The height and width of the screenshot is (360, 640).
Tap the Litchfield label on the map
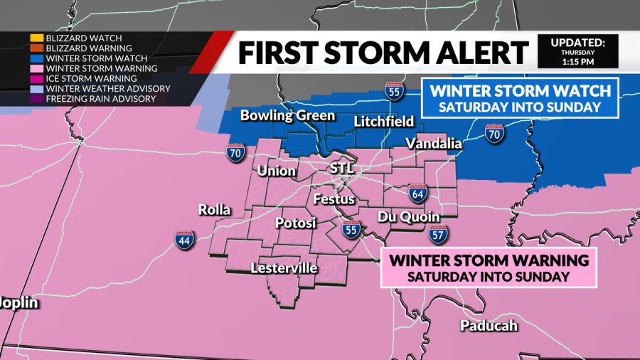383,122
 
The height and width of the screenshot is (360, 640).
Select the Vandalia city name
434,144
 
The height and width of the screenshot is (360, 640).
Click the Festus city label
334,199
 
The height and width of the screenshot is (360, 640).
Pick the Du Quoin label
408,216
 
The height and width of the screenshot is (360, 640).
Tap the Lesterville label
284,268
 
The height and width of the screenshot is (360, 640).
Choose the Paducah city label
489,326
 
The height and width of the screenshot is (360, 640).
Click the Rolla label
214,210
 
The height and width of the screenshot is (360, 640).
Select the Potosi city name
295,223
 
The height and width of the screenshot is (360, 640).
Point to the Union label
274,171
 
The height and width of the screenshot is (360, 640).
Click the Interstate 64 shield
417,193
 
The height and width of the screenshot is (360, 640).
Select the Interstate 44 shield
184,240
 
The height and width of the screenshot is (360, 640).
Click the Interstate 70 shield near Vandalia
494,132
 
